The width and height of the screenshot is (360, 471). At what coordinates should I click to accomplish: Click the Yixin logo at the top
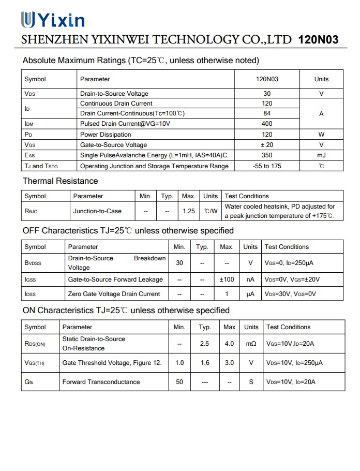point(52,20)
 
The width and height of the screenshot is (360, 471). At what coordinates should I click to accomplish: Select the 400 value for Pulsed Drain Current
point(267,124)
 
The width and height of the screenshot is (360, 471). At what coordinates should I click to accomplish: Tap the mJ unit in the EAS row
point(321,155)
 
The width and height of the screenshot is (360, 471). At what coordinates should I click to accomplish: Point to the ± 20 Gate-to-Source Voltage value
point(267,145)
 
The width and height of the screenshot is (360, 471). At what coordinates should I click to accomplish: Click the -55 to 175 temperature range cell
point(267,166)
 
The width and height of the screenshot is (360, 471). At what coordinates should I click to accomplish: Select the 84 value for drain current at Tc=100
point(267,113)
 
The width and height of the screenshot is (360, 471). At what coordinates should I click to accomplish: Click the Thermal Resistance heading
point(60,181)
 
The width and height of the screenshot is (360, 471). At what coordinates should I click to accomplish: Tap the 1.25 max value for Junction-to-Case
point(189,211)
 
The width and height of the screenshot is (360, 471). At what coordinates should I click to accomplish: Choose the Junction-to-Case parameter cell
point(97,211)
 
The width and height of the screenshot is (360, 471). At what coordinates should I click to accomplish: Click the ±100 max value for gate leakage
point(227,279)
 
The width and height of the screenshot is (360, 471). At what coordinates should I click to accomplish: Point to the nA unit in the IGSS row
point(250,279)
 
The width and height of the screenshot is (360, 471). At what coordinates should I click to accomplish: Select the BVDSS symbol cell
point(33,263)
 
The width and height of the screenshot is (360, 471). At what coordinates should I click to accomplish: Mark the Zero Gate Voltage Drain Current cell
point(114,294)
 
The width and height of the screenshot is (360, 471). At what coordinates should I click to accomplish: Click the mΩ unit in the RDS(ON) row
point(251,344)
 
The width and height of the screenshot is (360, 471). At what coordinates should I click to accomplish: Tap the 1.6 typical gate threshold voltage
point(205,363)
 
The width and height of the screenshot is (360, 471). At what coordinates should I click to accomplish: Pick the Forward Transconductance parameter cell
point(101,382)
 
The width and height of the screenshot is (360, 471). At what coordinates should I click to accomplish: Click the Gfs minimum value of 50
point(179,382)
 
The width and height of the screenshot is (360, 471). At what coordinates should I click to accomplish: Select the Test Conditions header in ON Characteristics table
point(288,327)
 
